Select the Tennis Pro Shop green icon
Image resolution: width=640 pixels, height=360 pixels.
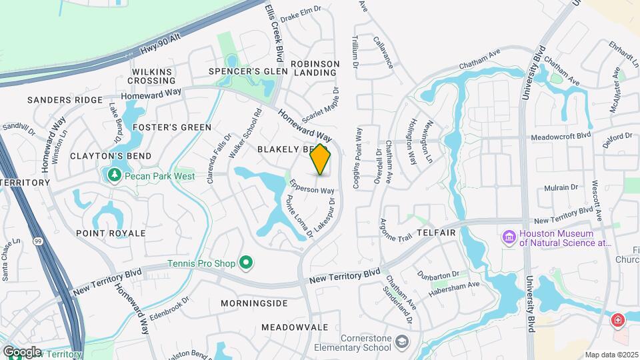(x=245, y=263)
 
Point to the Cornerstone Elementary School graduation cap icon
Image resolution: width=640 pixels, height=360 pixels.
(x=402, y=342)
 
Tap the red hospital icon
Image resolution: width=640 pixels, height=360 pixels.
(x=619, y=321)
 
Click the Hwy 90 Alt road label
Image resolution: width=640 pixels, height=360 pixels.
(x=161, y=44)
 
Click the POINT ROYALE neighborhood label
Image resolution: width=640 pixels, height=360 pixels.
(x=111, y=233)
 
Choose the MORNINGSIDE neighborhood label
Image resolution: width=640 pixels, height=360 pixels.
(x=253, y=303)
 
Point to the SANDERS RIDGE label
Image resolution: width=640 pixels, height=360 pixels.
(x=65, y=100)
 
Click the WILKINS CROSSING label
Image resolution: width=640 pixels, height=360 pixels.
(x=153, y=76)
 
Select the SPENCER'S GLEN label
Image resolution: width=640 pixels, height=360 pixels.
(x=248, y=71)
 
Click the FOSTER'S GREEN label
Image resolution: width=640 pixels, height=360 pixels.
(x=172, y=127)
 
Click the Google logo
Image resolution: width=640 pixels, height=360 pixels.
(x=21, y=351)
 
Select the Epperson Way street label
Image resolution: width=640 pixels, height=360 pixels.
(x=311, y=185)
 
